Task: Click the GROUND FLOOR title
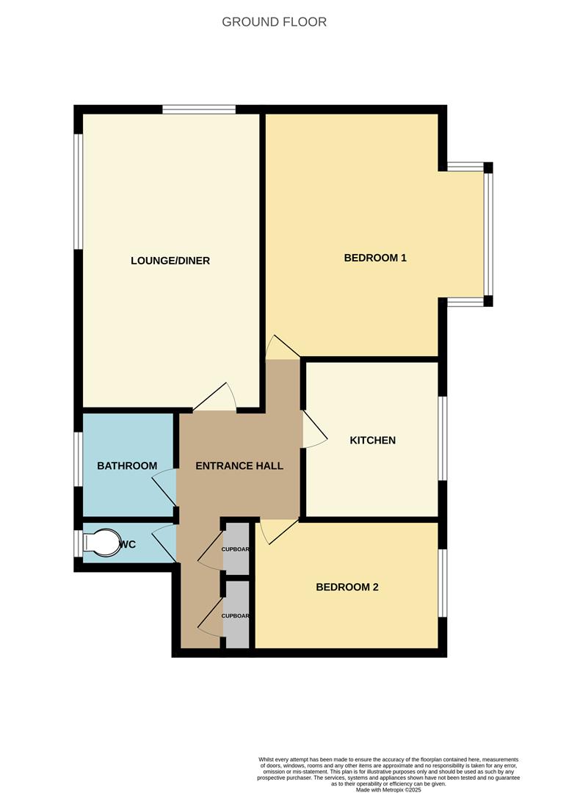(x=274, y=22)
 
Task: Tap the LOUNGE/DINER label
(x=170, y=261)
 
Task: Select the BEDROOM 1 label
(x=375, y=258)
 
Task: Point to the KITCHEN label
(x=372, y=441)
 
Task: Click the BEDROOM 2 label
(x=347, y=587)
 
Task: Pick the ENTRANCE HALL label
(x=239, y=466)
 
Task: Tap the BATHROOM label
(x=127, y=466)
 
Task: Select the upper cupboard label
(x=236, y=550)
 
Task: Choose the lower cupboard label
(x=236, y=616)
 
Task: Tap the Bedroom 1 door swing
(x=279, y=349)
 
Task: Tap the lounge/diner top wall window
(x=199, y=110)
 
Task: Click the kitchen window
(x=442, y=438)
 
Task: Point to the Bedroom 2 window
(x=442, y=583)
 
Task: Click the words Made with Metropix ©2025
(x=388, y=789)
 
